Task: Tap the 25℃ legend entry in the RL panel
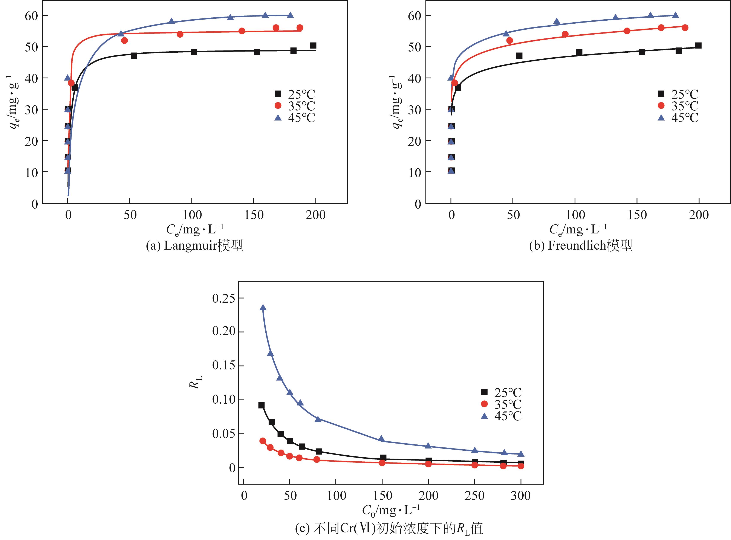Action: [501, 392]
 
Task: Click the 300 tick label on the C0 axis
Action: [520, 496]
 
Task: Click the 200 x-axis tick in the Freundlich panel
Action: [699, 215]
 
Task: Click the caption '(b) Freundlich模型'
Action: [581, 246]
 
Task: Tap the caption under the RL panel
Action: [389, 529]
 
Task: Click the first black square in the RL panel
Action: [261, 405]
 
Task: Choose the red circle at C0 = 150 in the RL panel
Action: [382, 462]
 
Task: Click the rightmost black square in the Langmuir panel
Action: [313, 46]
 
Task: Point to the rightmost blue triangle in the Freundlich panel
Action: [675, 15]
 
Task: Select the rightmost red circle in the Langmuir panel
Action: [300, 28]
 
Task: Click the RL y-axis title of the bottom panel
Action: [196, 382]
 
